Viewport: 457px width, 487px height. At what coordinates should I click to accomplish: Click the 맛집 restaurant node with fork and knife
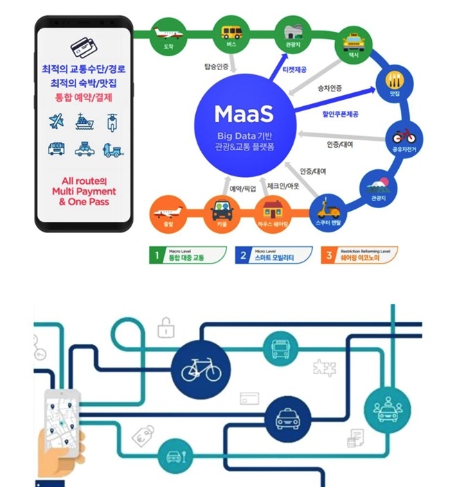pos(395,82)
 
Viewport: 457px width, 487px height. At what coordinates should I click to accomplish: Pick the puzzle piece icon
pos(324,367)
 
